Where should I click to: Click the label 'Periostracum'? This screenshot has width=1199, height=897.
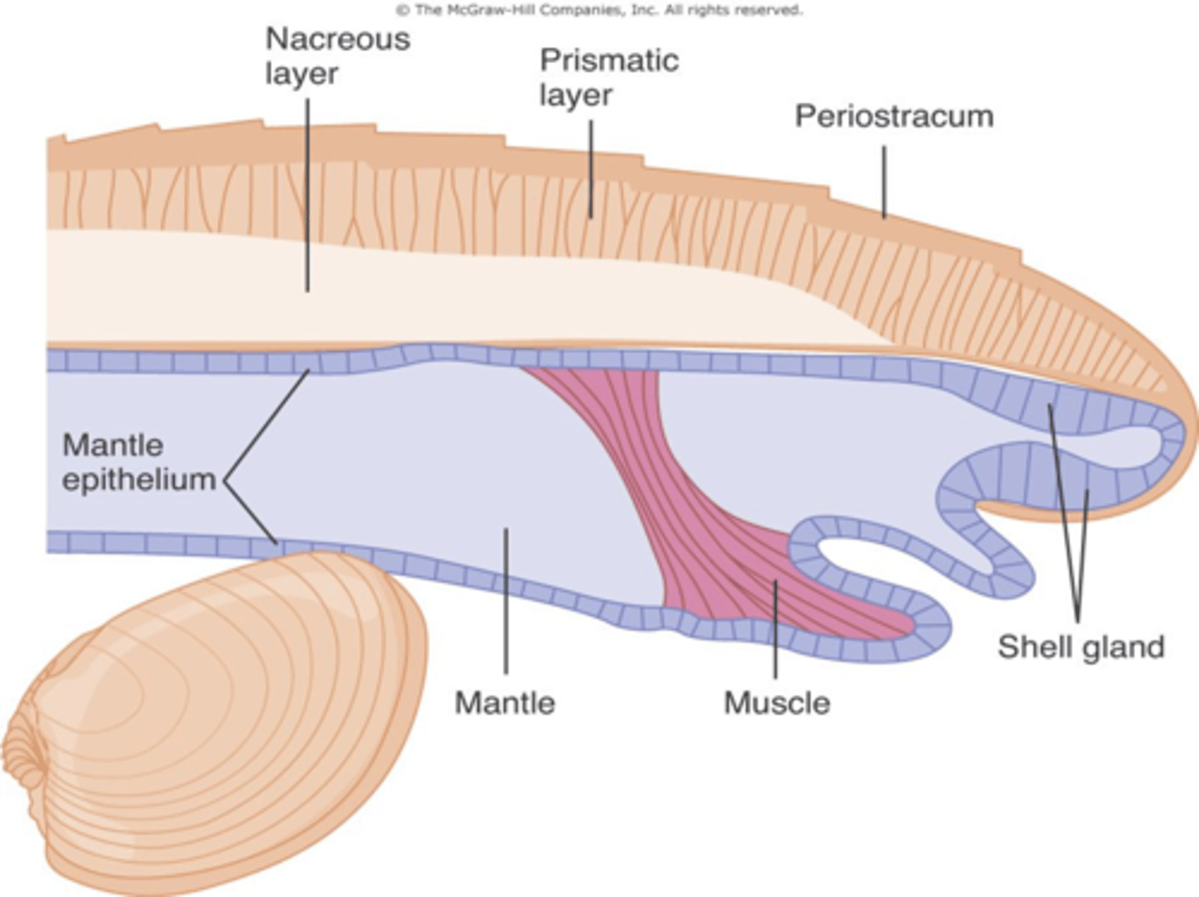[893, 117]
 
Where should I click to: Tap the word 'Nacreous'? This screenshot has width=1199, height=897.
[337, 39]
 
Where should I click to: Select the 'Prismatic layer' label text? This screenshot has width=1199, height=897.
[608, 77]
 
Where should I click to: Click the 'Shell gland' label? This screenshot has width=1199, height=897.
[1080, 647]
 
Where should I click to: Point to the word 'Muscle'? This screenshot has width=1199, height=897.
[777, 703]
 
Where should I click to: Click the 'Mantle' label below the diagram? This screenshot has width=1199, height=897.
[505, 703]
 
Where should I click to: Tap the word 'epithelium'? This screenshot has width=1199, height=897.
[139, 480]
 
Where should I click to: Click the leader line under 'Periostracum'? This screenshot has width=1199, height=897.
[884, 182]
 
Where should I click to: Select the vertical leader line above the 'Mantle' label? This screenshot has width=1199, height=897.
[505, 600]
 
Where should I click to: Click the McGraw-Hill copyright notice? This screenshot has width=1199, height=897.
[599, 10]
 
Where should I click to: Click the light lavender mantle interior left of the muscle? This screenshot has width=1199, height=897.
[375, 458]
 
